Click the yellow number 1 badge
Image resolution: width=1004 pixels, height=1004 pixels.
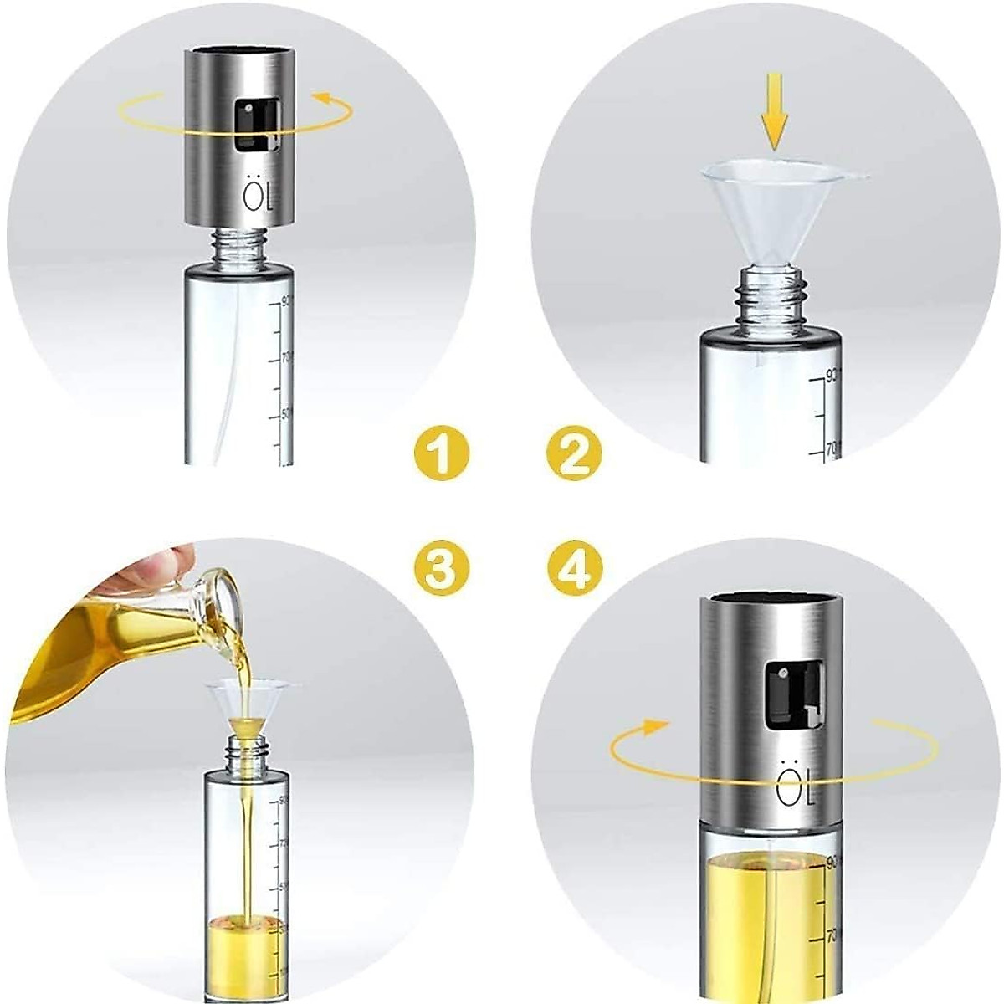pos(441,453)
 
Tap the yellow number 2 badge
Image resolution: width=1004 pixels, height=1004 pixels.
pos(574,453)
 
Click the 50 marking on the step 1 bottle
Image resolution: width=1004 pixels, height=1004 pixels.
pos(285,414)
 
